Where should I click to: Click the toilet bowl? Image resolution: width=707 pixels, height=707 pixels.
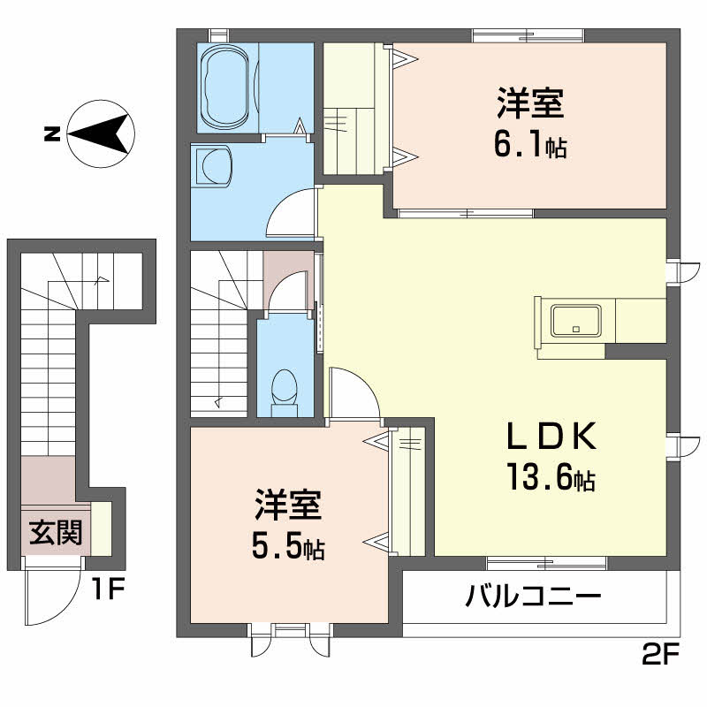284,388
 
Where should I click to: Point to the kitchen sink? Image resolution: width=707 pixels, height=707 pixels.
576,320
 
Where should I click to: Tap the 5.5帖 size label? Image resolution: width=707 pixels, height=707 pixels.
288,548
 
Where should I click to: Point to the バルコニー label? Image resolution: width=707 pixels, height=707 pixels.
534,597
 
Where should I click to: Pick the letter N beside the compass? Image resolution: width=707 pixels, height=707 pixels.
52,135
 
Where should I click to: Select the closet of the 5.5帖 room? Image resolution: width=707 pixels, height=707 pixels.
408,491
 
